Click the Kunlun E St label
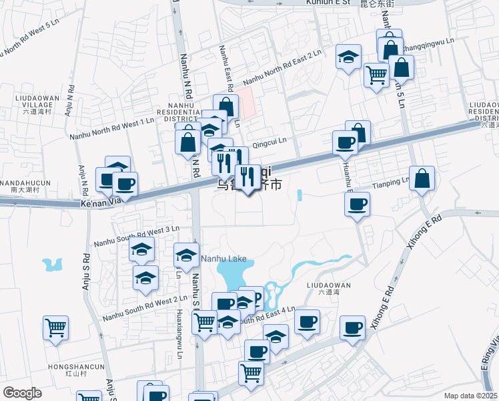(328, 3)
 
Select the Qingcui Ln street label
(270, 141)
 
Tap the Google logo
(22, 393)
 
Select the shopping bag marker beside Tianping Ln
(422, 179)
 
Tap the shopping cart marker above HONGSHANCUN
(56, 328)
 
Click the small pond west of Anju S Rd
(51, 265)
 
